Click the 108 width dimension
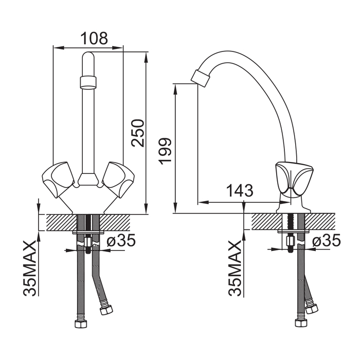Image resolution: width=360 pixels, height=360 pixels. pyautogui.click(x=95, y=39)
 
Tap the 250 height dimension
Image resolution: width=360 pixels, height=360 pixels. pyautogui.click(x=138, y=133)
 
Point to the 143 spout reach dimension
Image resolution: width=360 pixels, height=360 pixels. pyautogui.click(x=240, y=190)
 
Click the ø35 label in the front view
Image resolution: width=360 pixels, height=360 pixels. pyautogui.click(x=121, y=240)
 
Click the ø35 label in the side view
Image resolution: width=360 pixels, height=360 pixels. pyautogui.click(x=326, y=240)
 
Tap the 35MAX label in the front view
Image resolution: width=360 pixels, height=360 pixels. pyautogui.click(x=30, y=268)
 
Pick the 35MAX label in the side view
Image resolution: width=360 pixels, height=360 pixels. pyautogui.click(x=235, y=268)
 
